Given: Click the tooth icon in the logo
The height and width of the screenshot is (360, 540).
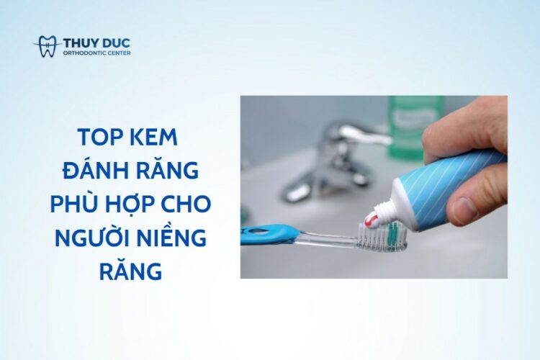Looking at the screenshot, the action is pos(48,46).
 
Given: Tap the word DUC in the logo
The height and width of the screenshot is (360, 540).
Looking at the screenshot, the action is pos(117,43).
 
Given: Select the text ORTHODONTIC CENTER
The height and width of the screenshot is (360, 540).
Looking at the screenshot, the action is pos(96,53).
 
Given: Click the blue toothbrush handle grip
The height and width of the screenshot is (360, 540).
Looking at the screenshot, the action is pos(268,233).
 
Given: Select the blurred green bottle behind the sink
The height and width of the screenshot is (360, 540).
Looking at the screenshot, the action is pos(415,127).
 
